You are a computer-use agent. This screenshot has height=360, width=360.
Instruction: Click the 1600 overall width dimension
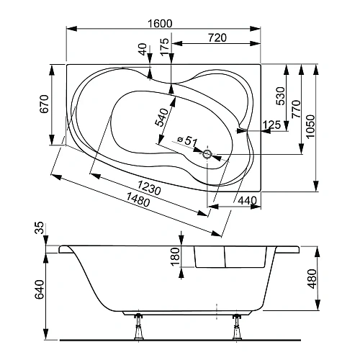(160, 23)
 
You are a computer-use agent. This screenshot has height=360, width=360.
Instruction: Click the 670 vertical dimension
(44, 104)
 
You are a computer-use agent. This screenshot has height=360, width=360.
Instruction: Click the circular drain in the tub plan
(207, 153)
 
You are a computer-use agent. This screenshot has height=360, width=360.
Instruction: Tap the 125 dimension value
(271, 126)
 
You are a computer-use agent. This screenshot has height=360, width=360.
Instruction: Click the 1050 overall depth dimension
(310, 127)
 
